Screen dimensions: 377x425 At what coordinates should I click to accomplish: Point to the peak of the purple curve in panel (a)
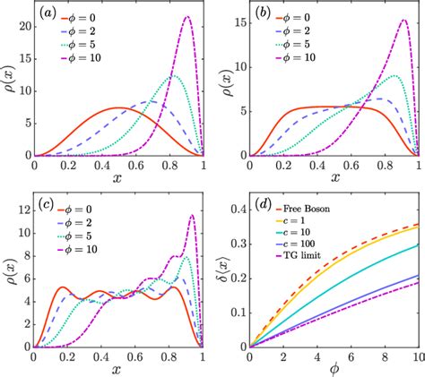(186, 16)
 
